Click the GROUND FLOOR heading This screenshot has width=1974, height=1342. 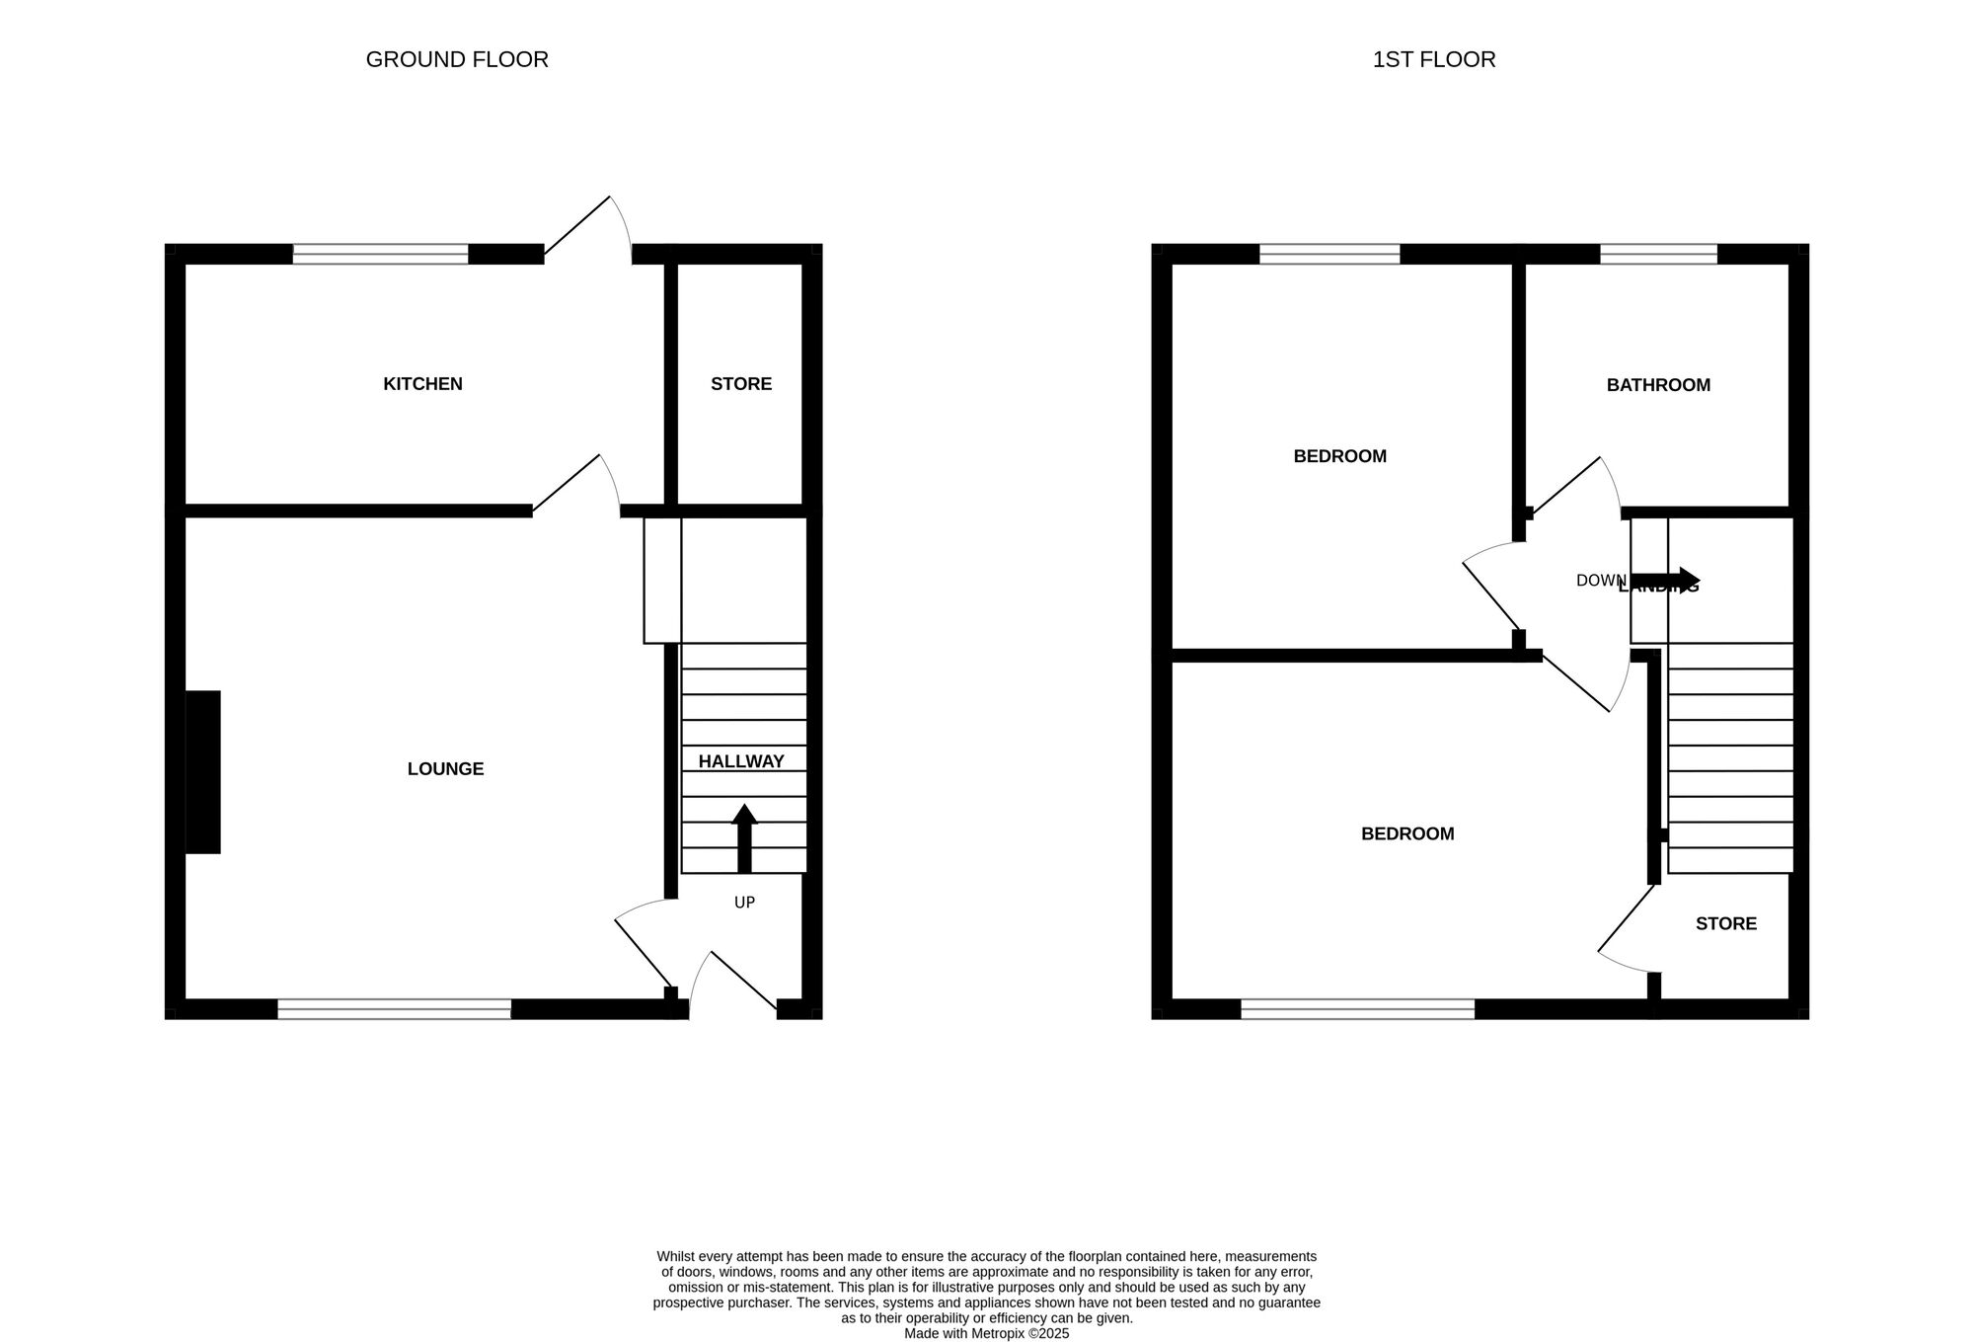coord(457,59)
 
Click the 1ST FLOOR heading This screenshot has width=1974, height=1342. coord(1433,59)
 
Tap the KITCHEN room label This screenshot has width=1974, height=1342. coord(422,384)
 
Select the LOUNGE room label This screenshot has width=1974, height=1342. coord(445,769)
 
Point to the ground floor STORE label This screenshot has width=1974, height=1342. coord(741,384)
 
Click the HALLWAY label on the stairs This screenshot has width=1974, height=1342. coord(741,761)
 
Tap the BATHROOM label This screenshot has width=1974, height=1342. coord(1658,385)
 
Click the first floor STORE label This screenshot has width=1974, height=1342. coord(1726,924)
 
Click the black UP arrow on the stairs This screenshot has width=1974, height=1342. coord(744,838)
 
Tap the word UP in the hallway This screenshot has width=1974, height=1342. coord(744,903)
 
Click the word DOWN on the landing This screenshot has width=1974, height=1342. coord(1600,581)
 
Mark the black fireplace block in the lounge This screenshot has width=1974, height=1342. coord(203,771)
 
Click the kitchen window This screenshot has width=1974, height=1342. coord(380,255)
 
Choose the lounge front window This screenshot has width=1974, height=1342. coord(394,1008)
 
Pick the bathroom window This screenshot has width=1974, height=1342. coord(1658,255)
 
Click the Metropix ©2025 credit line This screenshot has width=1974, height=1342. coord(986,1333)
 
